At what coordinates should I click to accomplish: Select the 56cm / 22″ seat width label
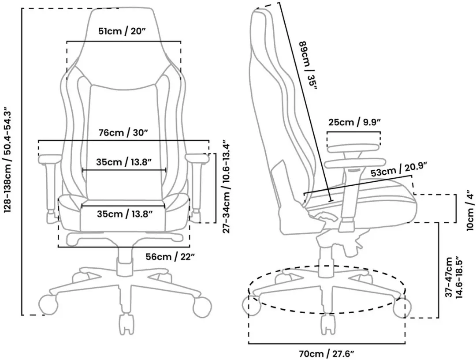(x=170, y=257)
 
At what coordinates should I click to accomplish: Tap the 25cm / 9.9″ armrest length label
(x=354, y=122)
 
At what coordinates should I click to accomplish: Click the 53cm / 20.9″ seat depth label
(x=399, y=169)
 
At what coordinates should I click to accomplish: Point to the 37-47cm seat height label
(x=454, y=277)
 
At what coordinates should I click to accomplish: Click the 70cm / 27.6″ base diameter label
(x=327, y=354)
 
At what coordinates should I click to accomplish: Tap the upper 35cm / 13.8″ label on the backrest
(x=124, y=162)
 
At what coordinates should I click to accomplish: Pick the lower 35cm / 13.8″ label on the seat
(x=124, y=214)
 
